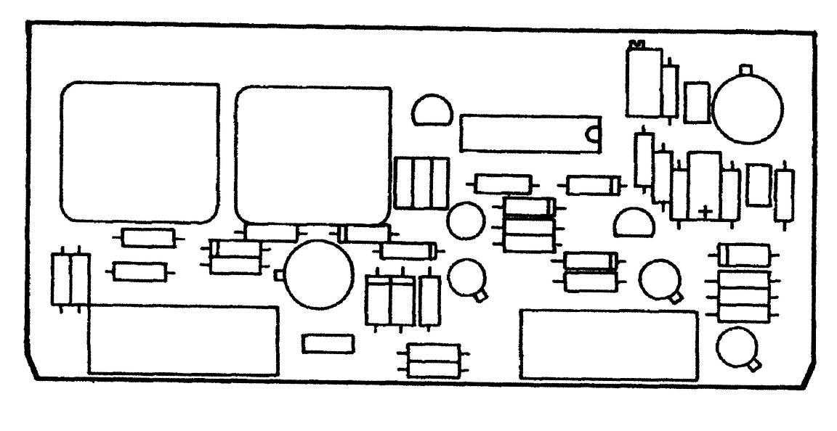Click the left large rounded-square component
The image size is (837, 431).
click(x=139, y=152)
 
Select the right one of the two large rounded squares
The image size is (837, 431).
click(x=314, y=155)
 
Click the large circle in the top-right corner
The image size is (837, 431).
click(x=748, y=110)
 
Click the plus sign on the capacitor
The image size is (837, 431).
click(x=704, y=210)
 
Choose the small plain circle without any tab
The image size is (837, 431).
click(x=465, y=221)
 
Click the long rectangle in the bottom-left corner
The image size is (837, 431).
click(x=182, y=340)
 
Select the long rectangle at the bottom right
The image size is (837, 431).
click(x=609, y=344)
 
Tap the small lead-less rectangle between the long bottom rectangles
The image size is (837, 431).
click(x=328, y=344)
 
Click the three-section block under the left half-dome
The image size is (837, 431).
click(x=421, y=182)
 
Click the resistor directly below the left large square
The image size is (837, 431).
click(x=148, y=237)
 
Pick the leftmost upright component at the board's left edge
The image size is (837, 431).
click(x=61, y=279)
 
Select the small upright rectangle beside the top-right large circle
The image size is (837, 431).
click(x=697, y=102)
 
